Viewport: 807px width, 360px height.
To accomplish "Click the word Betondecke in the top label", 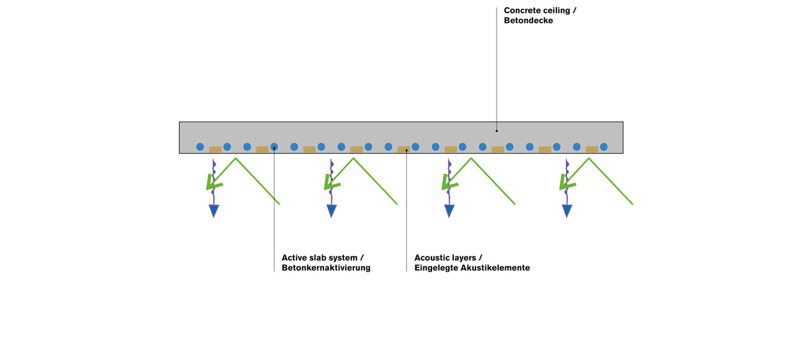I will click(528, 21).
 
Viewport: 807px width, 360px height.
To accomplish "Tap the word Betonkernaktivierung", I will click(326, 268).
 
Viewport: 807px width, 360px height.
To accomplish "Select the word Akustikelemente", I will click(495, 268).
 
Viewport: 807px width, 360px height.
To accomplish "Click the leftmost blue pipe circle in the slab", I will click(200, 147).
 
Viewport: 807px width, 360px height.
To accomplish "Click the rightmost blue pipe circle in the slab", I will click(603, 147).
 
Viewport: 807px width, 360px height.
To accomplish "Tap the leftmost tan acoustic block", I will click(215, 150).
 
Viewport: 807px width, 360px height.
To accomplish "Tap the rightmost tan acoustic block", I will click(592, 150).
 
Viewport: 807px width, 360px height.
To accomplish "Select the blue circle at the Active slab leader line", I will click(274, 147).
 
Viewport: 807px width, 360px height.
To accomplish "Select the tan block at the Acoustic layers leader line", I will click(403, 150).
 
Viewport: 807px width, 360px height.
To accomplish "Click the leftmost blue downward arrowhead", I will click(214, 211).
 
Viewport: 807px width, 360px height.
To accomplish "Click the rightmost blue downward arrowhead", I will click(567, 211).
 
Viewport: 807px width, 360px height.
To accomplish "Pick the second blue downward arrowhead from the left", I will click(331, 211).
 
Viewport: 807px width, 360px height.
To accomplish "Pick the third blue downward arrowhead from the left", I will click(449, 211).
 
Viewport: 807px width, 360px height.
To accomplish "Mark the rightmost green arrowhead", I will click(565, 184).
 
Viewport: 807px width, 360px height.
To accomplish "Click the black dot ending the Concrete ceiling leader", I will click(497, 131).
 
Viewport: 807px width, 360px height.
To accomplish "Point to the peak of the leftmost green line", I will click(236, 158).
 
